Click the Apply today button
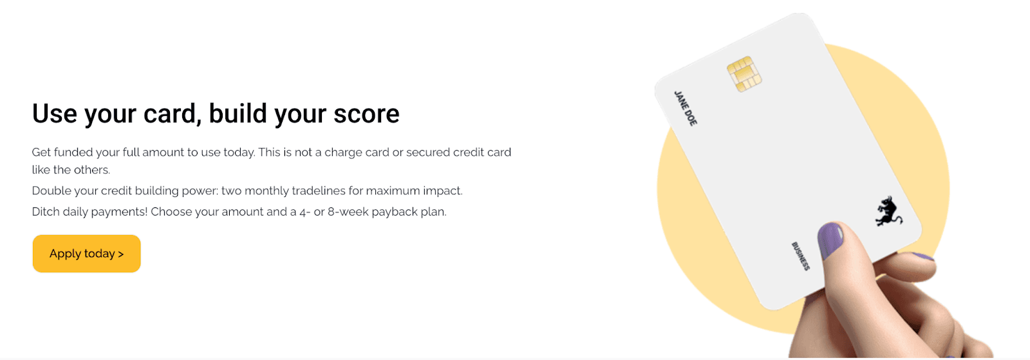(x=86, y=254)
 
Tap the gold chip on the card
(x=744, y=74)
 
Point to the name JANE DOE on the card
(x=686, y=108)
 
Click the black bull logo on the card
(x=888, y=211)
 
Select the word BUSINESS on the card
(x=801, y=256)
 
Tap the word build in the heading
(x=238, y=113)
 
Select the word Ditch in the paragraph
(x=45, y=212)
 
